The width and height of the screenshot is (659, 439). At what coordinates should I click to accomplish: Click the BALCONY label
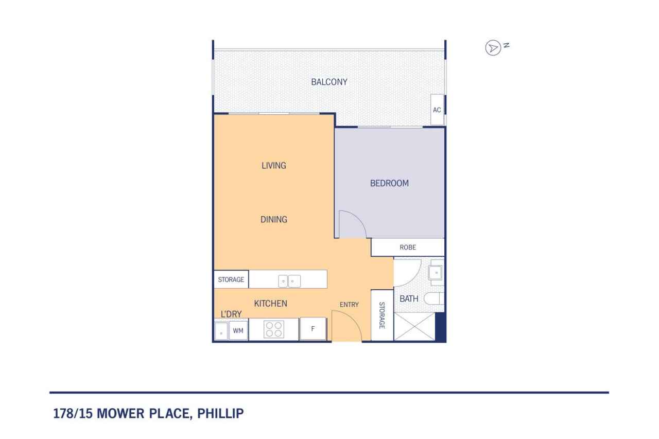point(329,82)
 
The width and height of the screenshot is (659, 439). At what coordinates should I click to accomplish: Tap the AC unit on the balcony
point(437,110)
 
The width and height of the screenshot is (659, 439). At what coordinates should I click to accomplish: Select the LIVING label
point(273,166)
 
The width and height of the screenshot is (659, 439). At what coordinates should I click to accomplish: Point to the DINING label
point(273,219)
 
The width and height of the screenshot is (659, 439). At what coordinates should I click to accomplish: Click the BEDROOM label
point(389,183)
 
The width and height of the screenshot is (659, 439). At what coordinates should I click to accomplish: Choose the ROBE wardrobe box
point(408,247)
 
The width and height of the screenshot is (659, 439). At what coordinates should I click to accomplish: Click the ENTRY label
point(349,305)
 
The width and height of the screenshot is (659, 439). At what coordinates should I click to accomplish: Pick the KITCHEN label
point(270,304)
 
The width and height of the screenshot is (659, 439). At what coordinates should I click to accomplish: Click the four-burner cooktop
point(273,329)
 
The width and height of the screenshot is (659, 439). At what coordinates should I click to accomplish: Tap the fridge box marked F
point(313,329)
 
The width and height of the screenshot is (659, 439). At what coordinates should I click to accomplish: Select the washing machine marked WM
point(238,330)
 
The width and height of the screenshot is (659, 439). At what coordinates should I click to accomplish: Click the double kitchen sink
point(289,281)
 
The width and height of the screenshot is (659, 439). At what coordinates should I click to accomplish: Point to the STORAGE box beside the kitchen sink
point(231,279)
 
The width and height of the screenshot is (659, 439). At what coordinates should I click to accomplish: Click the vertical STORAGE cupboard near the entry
point(382,315)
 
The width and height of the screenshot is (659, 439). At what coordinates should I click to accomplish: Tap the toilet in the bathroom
point(434,298)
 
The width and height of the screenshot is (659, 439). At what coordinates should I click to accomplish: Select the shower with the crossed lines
point(414,327)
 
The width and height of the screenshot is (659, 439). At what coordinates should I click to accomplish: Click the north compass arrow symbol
point(493,48)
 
